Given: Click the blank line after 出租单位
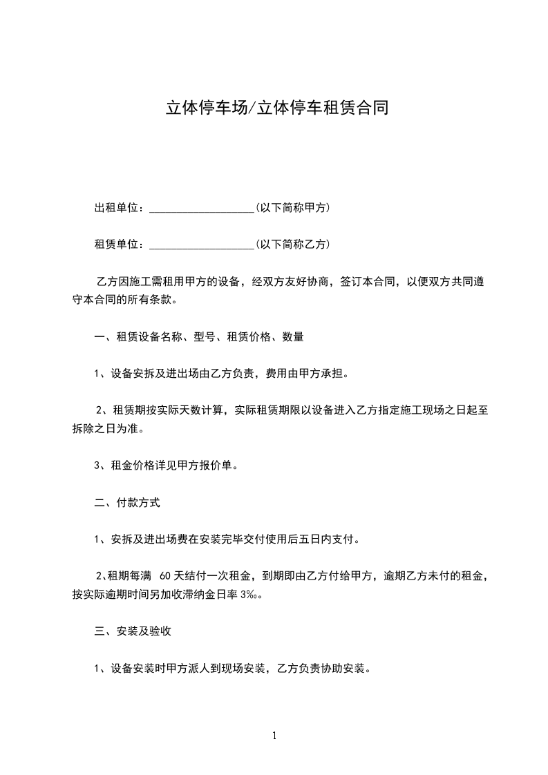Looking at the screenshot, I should pyautogui.click(x=202, y=208).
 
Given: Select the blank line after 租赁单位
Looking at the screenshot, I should pyautogui.click(x=202, y=245).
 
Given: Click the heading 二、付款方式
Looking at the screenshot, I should pyautogui.click(x=127, y=503).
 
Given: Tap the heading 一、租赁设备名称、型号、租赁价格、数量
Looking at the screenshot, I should pyautogui.click(x=199, y=337).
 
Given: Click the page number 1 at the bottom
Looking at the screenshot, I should pyautogui.click(x=274, y=736).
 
